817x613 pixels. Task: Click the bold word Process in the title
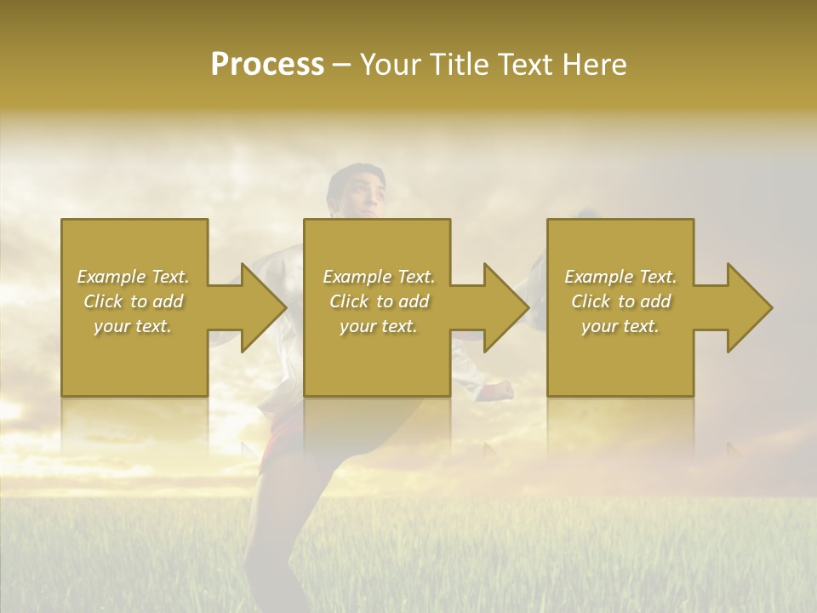click(267, 65)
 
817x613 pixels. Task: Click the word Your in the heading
click(394, 65)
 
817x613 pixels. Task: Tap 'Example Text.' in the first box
click(134, 277)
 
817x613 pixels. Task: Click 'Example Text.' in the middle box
click(379, 277)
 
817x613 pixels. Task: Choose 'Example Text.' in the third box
click(620, 277)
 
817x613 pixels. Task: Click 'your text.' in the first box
click(134, 326)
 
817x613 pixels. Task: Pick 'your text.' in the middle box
click(379, 326)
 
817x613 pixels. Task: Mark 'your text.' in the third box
click(620, 326)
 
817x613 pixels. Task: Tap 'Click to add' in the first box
click(134, 301)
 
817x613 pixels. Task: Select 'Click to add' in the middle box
click(379, 301)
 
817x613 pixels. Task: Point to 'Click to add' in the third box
click(620, 301)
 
